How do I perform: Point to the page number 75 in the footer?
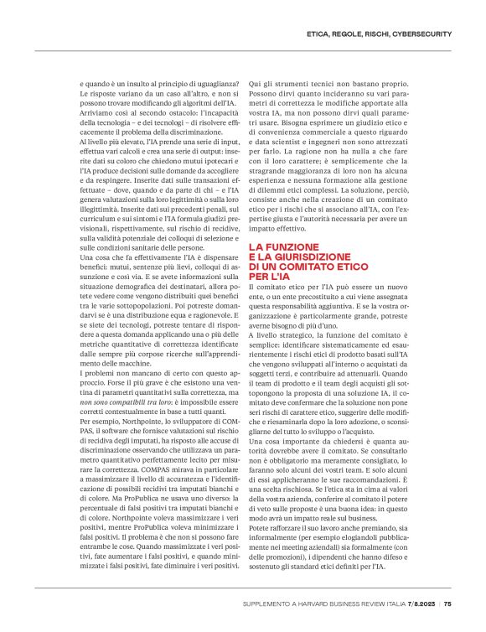(x=448, y=602)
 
